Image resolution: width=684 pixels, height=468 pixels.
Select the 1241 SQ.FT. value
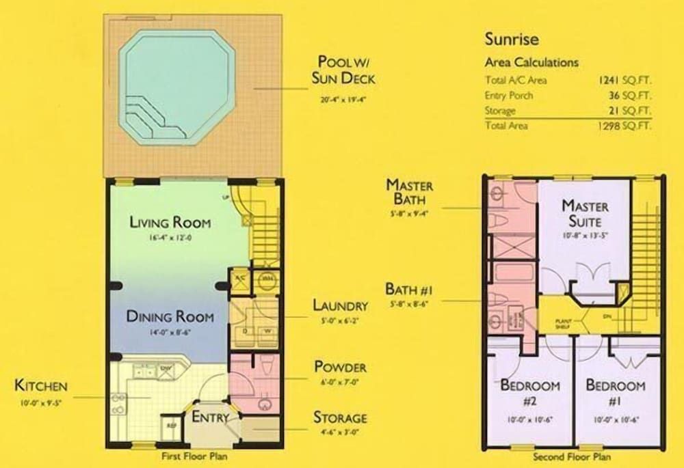624,80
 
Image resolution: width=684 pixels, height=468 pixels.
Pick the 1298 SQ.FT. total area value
624,126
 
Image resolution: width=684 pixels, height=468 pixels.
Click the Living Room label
170,223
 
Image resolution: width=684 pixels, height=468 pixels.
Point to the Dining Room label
170,317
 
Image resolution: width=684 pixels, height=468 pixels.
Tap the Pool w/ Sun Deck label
343,69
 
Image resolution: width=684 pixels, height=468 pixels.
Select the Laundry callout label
340,305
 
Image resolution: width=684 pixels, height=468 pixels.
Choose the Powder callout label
340,367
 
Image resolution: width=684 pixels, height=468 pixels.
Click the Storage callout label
340,417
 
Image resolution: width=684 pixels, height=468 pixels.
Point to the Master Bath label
409,191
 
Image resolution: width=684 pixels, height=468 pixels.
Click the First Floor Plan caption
195,456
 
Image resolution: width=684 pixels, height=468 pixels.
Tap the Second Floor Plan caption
572,456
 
